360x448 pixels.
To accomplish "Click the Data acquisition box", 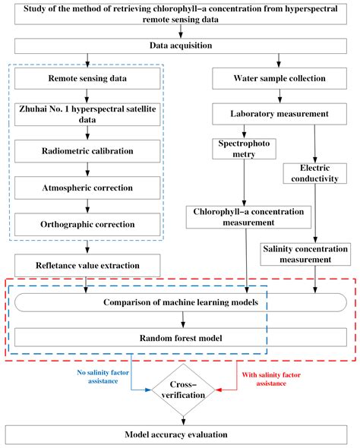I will (180, 46).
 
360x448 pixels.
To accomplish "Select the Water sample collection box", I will (279, 77).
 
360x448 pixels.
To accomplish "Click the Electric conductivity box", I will (312, 173).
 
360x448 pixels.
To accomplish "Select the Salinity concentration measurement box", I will (306, 254).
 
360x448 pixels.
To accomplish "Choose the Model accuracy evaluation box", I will (180, 434).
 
